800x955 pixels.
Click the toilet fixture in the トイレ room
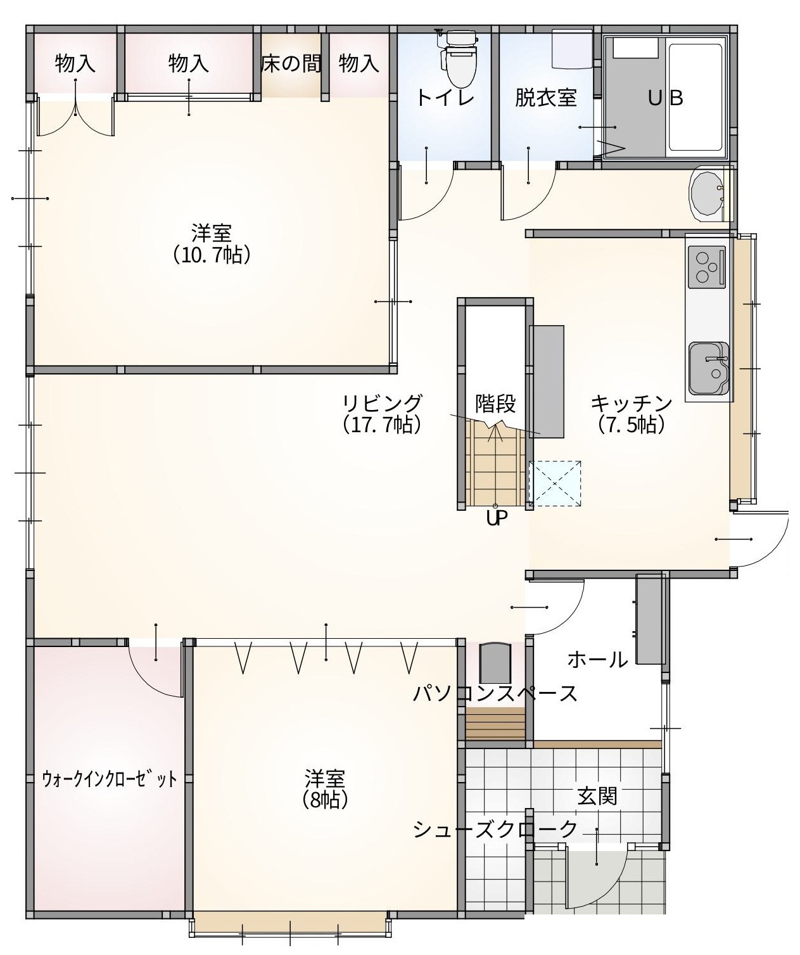coord(459,58)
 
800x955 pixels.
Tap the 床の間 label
coord(291,63)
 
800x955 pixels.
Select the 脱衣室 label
coord(546,98)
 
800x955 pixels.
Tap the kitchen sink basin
coord(709,368)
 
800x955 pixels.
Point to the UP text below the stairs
coord(497,518)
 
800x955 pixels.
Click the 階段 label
coord(495,404)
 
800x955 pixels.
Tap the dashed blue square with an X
coord(555,484)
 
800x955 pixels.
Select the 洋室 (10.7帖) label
coord(212,244)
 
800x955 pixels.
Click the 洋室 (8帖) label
coord(325,789)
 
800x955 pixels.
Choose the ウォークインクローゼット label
coord(109,779)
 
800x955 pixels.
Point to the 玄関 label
coord(597,797)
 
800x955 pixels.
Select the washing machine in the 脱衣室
coord(573,49)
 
